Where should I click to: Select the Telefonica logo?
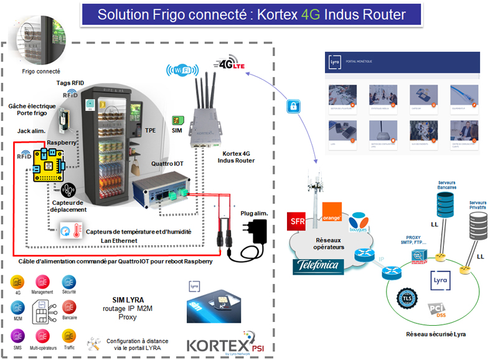319,266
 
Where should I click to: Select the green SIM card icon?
177,119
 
